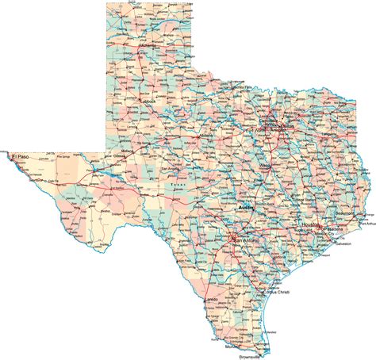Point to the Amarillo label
148,46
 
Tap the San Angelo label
172,170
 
